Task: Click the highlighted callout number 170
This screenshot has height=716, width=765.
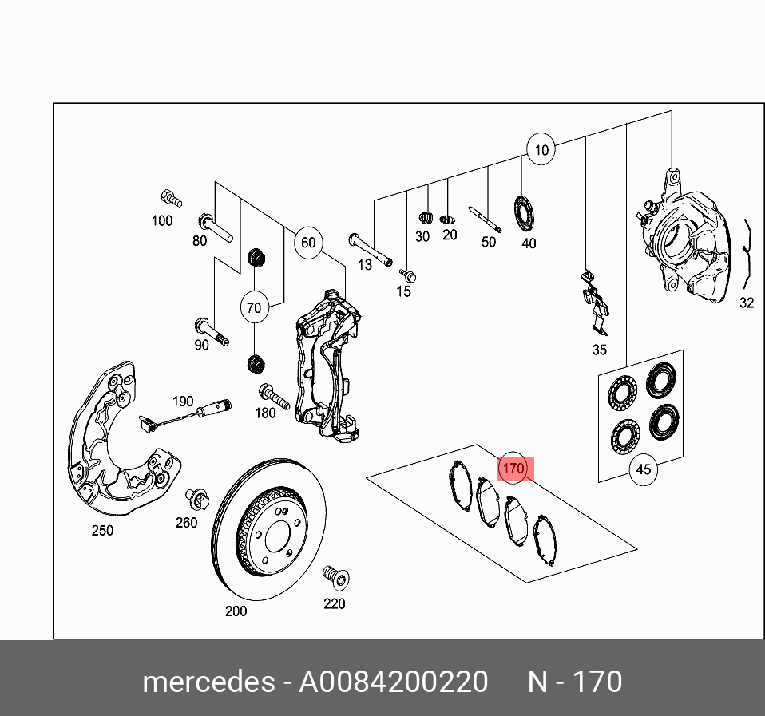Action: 513,469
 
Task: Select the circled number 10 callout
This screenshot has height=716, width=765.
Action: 541,149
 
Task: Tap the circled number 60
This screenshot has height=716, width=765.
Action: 308,243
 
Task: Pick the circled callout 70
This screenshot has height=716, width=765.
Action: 254,307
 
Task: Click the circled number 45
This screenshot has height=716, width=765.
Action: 644,469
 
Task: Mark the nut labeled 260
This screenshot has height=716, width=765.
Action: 196,500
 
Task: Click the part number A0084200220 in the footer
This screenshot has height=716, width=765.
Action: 393,682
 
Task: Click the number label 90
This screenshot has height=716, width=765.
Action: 202,345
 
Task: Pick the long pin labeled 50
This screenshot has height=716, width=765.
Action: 484,220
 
